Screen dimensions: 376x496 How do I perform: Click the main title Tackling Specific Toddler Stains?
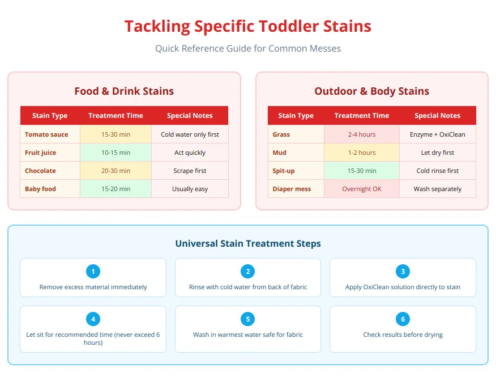coord(247,26)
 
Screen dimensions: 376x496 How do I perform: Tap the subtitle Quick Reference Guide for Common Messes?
coord(247,48)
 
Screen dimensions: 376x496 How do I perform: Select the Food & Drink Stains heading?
coord(124,91)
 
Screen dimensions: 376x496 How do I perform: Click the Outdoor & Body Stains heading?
coord(371,91)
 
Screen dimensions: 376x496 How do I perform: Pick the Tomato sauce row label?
coord(46,134)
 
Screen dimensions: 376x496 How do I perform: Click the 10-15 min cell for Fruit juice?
coord(116,153)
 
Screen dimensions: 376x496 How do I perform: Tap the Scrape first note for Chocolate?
coord(190,171)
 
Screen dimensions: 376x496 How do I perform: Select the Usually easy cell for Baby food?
coord(190,189)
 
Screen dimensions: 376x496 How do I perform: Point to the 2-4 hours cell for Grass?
coord(361,134)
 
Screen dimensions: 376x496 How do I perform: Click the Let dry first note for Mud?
coord(437,153)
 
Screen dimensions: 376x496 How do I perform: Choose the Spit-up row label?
coord(284,171)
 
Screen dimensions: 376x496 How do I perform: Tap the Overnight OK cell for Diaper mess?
coord(361,189)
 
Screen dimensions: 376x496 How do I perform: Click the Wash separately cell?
coord(437,189)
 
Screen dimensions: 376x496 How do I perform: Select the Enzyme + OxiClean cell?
coord(437,134)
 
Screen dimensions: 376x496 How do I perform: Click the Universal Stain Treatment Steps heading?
coord(247,244)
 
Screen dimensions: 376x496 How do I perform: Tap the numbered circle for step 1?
coord(93,272)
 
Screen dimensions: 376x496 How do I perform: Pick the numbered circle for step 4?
coord(93,319)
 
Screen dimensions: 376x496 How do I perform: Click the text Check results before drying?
coord(403,335)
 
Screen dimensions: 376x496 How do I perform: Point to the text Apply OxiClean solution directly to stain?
coord(403,287)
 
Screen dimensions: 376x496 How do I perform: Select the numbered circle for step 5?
coord(247,319)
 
